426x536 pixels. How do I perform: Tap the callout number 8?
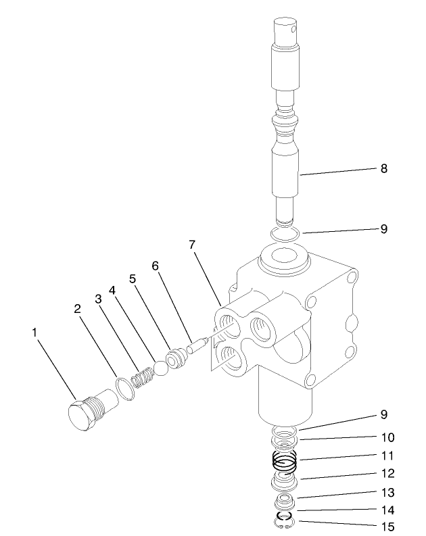383,168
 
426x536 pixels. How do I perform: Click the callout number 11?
387,455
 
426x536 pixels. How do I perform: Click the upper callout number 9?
383,229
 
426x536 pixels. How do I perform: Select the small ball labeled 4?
161,368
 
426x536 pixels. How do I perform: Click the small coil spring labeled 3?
142,377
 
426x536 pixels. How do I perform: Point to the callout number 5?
133,278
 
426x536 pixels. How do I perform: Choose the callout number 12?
387,473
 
